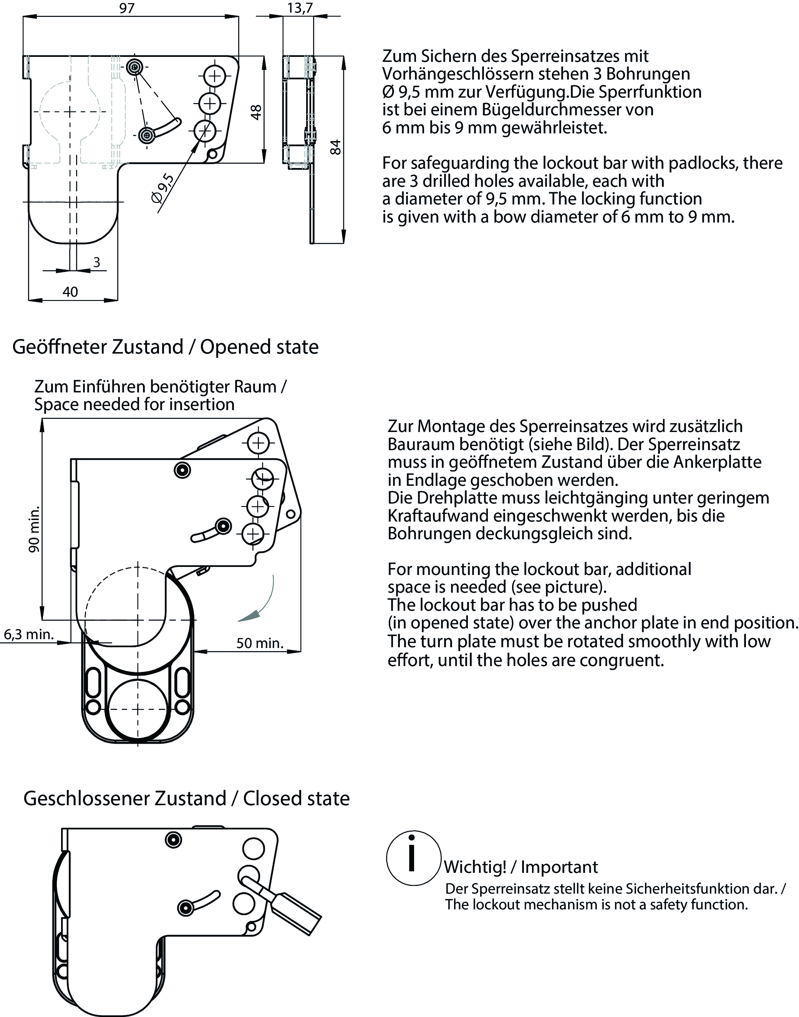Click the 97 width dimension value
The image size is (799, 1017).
[x=127, y=8]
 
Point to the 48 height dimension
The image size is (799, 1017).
[x=256, y=112]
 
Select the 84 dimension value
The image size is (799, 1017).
[x=335, y=147]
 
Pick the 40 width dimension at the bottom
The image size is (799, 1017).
[x=70, y=292]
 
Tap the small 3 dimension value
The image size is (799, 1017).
[x=96, y=262]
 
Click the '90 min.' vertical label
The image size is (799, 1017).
[x=34, y=529]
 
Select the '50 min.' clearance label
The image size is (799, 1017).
[x=260, y=643]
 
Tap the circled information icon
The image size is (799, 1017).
[x=413, y=858]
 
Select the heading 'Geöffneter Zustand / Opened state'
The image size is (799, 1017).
[x=165, y=347]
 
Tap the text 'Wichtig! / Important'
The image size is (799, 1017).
[x=521, y=867]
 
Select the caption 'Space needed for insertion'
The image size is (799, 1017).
[x=134, y=404]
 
